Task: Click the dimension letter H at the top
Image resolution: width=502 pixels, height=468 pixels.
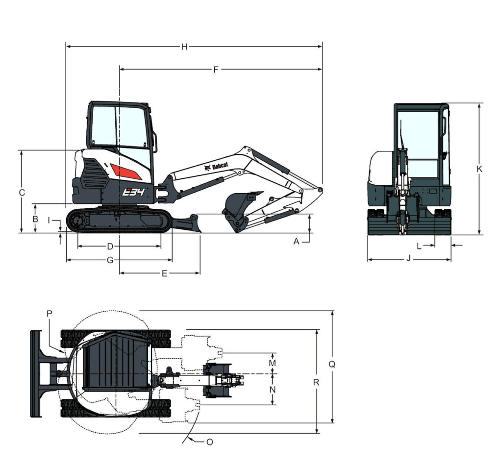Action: point(184,47)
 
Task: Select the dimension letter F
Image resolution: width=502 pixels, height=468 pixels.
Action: point(216,70)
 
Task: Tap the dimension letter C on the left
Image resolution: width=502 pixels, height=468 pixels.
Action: point(22,193)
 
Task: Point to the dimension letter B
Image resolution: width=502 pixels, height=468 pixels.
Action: point(35,219)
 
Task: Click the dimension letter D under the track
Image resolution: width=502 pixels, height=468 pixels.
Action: point(110,246)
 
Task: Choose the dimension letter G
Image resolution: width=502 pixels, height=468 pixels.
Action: point(110,260)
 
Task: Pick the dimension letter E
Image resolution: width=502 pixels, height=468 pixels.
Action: point(165,273)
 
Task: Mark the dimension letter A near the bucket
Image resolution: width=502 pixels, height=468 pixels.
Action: point(297,242)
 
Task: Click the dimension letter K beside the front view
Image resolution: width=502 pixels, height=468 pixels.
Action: point(479,169)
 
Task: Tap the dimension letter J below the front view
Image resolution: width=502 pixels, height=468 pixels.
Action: point(408,258)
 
